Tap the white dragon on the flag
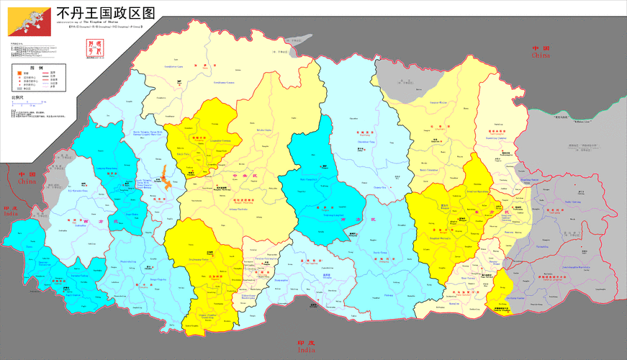(29, 21)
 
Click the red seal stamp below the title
(90, 48)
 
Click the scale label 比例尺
(17, 97)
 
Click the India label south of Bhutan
(305, 346)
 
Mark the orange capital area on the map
(165, 177)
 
